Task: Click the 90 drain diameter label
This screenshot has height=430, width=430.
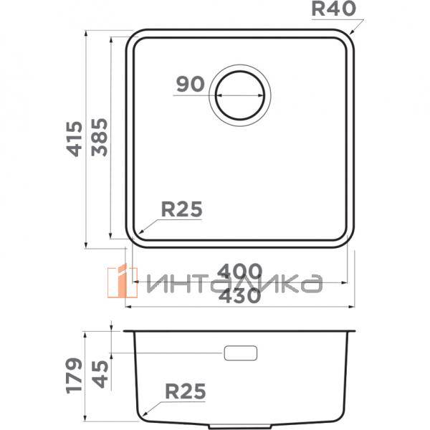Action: [190, 85]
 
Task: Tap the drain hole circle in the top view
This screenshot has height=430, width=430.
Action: [241, 94]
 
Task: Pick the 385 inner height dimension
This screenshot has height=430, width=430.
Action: [98, 138]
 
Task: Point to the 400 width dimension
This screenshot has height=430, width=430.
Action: [239, 272]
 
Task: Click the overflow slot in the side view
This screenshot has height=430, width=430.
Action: [241, 353]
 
